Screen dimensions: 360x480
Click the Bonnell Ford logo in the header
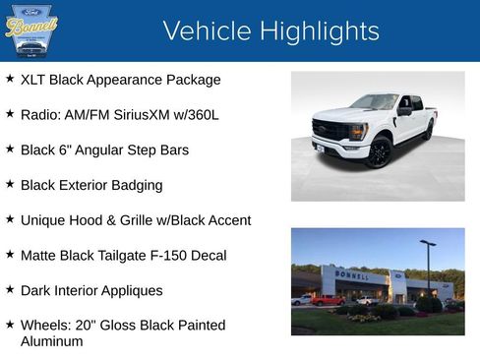click(x=31, y=30)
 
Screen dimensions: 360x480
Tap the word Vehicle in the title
click(x=207, y=30)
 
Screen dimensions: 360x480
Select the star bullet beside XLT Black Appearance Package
click(x=10, y=79)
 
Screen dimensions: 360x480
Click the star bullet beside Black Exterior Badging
click(x=10, y=184)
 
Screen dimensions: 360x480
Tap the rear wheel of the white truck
click(x=429, y=132)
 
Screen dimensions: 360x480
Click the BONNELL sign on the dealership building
click(x=353, y=276)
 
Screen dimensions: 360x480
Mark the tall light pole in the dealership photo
click(x=428, y=266)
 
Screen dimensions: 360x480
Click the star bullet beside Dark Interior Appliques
click(x=10, y=290)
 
